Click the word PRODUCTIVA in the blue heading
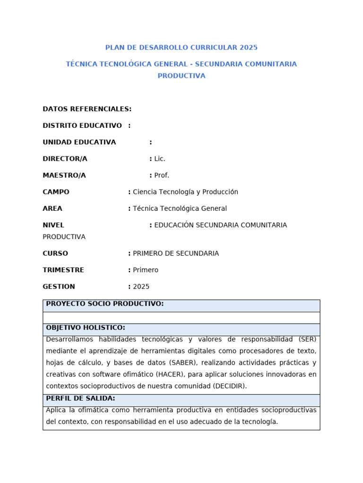click(181, 76)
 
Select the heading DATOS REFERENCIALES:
click(87, 109)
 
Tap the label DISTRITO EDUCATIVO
click(82, 125)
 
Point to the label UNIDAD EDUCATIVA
click(79, 142)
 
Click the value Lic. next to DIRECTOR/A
click(160, 159)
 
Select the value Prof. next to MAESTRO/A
click(162, 175)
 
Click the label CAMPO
click(56, 192)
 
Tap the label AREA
click(52, 208)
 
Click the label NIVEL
click(53, 225)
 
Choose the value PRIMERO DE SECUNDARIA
click(176, 253)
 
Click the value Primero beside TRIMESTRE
click(146, 270)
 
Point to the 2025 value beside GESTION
click(141, 286)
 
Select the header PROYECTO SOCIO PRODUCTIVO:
click(105, 304)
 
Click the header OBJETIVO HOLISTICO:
click(86, 327)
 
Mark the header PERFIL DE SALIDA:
click(80, 399)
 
